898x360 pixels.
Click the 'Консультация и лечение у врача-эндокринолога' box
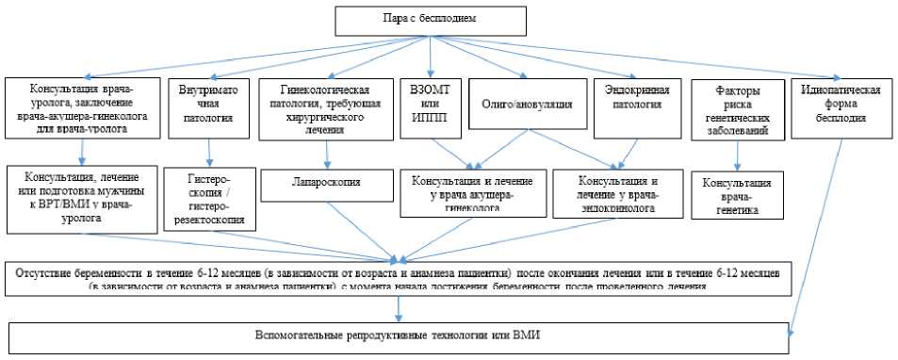617,192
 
